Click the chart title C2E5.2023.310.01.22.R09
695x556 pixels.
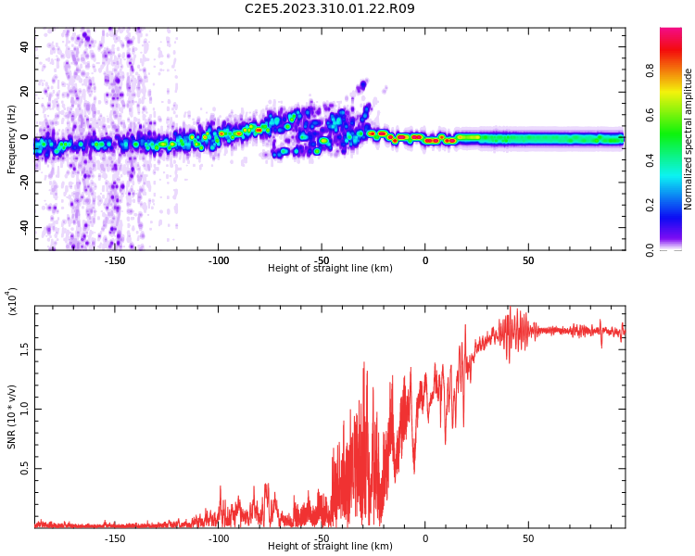(x=330, y=8)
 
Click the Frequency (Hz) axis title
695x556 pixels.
(x=11, y=139)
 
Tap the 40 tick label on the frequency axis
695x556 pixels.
(x=25, y=46)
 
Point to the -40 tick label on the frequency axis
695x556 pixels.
(x=25, y=227)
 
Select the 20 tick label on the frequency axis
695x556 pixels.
(x=25, y=92)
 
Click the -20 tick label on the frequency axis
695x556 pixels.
(x=25, y=183)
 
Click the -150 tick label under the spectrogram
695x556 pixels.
(x=115, y=260)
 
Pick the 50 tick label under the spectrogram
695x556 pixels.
(x=528, y=260)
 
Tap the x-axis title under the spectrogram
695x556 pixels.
(x=330, y=268)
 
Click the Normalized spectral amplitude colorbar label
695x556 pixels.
(x=688, y=139)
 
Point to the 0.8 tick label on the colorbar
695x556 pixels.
(x=650, y=70)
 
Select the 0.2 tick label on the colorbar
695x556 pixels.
(x=650, y=206)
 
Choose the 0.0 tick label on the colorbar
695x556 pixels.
(x=650, y=250)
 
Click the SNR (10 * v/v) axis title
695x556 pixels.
(x=11, y=417)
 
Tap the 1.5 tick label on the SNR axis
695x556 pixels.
(x=25, y=349)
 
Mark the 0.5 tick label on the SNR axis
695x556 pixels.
(x=25, y=468)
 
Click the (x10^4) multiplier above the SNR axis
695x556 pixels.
(x=11, y=301)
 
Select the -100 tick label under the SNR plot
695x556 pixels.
(x=219, y=538)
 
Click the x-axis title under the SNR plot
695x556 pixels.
(x=330, y=546)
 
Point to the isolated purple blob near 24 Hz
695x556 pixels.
(x=363, y=84)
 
